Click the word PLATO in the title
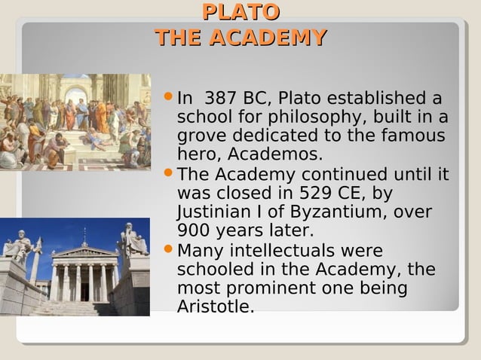[240, 13]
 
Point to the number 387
[221, 99]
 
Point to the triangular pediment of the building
[84, 252]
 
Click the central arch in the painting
[76, 94]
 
